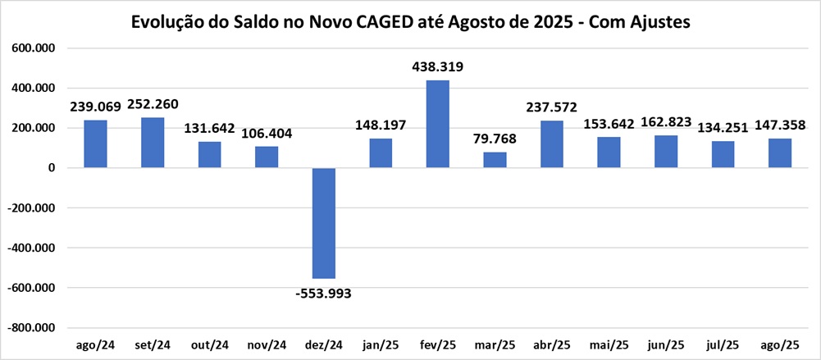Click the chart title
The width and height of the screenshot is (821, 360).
pyautogui.click(x=410, y=23)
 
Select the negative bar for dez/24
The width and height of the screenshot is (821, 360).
pyautogui.click(x=324, y=223)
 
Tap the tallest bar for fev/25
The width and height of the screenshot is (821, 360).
pyautogui.click(x=438, y=124)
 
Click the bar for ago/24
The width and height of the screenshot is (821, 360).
pyautogui.click(x=96, y=144)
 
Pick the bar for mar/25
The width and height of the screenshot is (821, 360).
pyautogui.click(x=495, y=160)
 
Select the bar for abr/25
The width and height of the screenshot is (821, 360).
pyautogui.click(x=552, y=144)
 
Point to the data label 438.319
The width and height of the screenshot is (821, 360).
pyautogui.click(x=438, y=67)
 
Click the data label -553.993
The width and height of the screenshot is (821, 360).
pyautogui.click(x=324, y=293)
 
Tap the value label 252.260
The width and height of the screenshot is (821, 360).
pyautogui.click(x=153, y=105)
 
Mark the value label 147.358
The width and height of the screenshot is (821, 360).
pyautogui.click(x=780, y=125)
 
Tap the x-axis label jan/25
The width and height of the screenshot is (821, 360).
pyautogui.click(x=381, y=344)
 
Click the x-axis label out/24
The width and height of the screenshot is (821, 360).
pyautogui.click(x=210, y=344)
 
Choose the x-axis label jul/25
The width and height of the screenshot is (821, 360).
pyautogui.click(x=723, y=344)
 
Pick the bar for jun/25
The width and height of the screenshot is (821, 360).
pyautogui.click(x=666, y=152)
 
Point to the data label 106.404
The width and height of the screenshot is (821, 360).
pyautogui.click(x=267, y=134)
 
